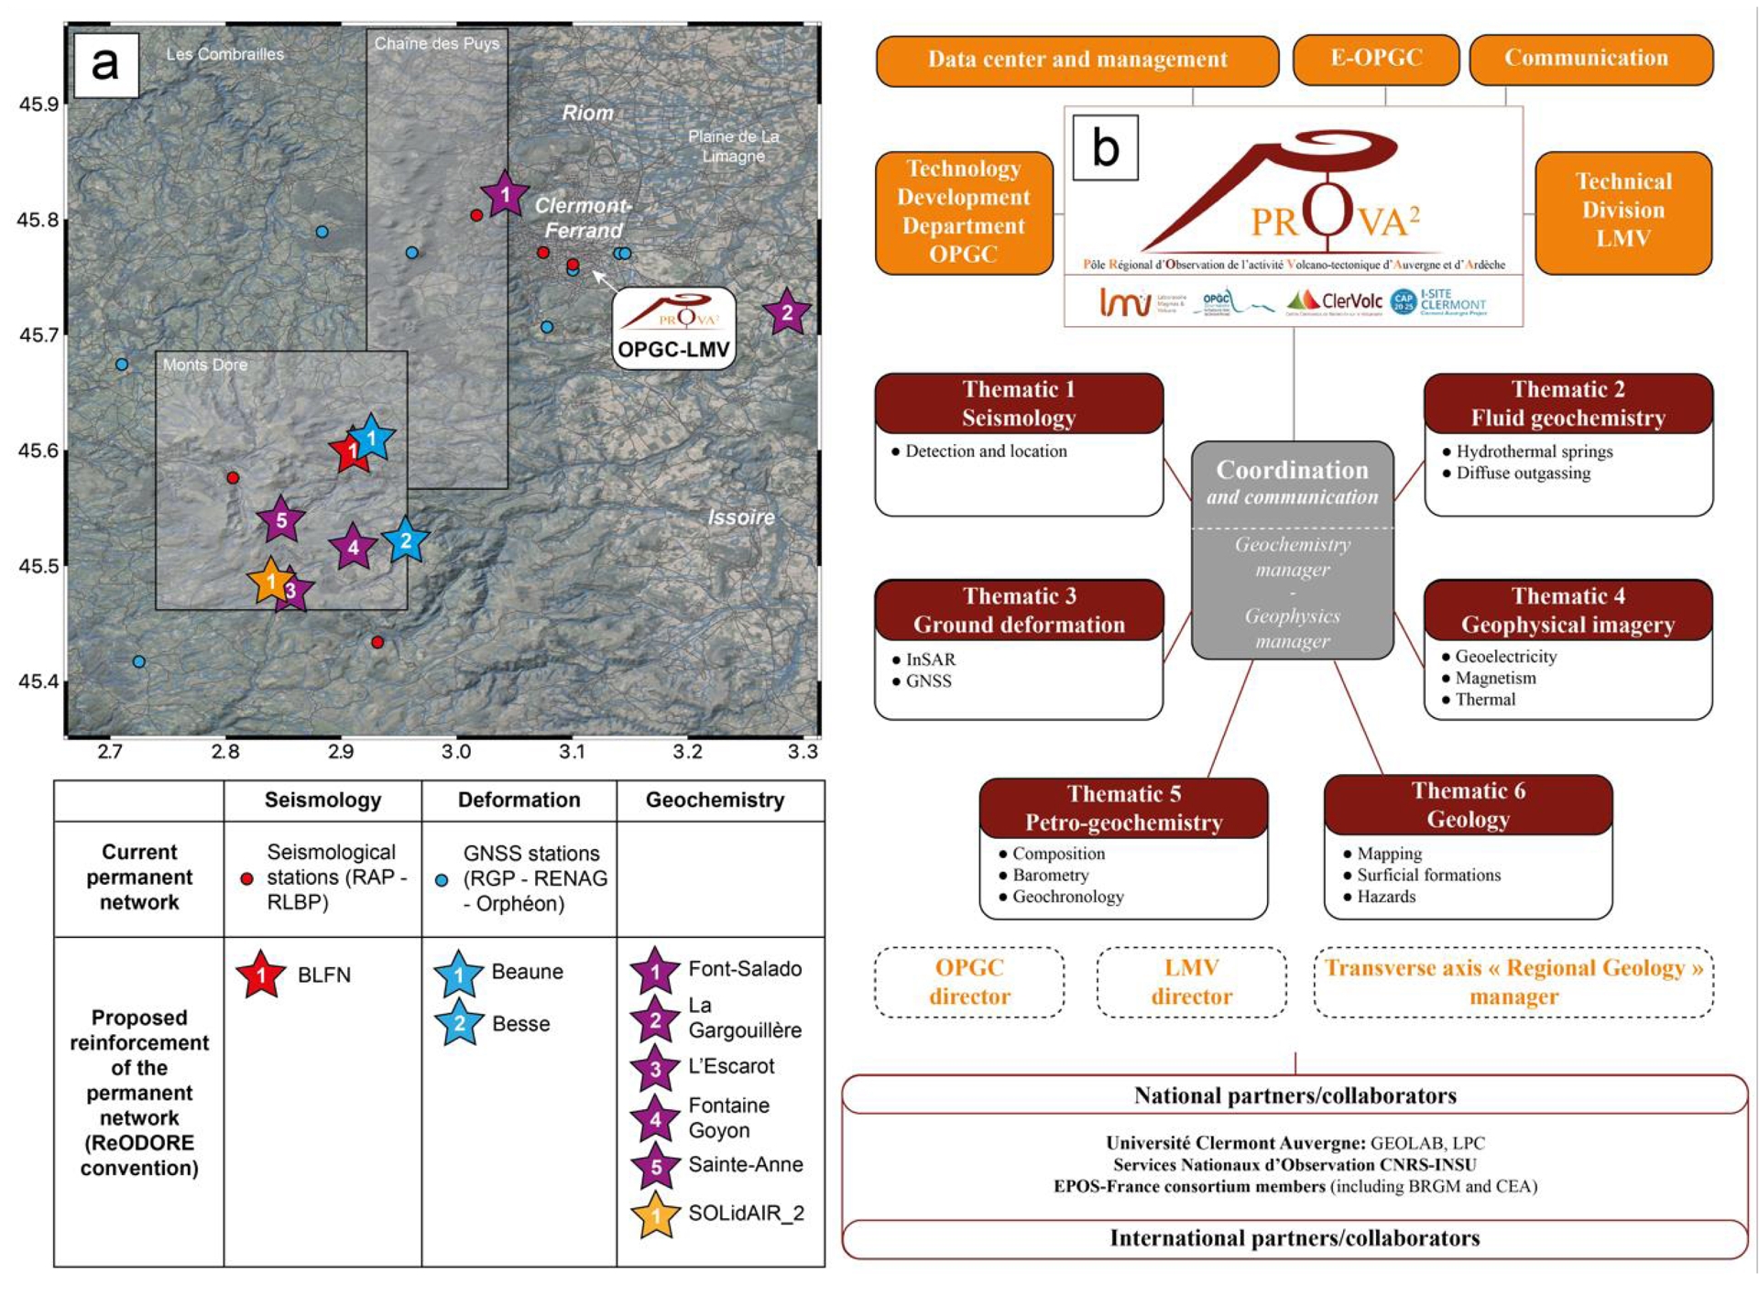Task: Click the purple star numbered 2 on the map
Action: [x=786, y=312]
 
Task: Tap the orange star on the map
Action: [x=270, y=581]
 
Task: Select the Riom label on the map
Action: [x=587, y=113]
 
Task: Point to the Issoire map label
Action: [x=740, y=517]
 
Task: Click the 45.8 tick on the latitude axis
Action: [x=38, y=220]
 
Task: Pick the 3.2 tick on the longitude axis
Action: [x=687, y=752]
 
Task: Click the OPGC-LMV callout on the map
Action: [x=673, y=329]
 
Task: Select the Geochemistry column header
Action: [x=715, y=800]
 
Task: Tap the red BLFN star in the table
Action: [x=261, y=975]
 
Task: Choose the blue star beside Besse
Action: [x=459, y=1023]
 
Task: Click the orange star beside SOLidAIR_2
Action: [x=655, y=1215]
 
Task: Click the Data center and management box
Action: [x=1076, y=60]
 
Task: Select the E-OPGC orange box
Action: [x=1375, y=59]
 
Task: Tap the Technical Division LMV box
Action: [x=1622, y=211]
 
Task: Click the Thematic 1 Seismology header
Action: [x=1018, y=403]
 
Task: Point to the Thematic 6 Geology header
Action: [x=1468, y=804]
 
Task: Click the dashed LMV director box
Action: [x=1191, y=982]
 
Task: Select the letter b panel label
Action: [x=1106, y=147]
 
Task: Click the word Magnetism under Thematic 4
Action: [x=1495, y=678]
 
